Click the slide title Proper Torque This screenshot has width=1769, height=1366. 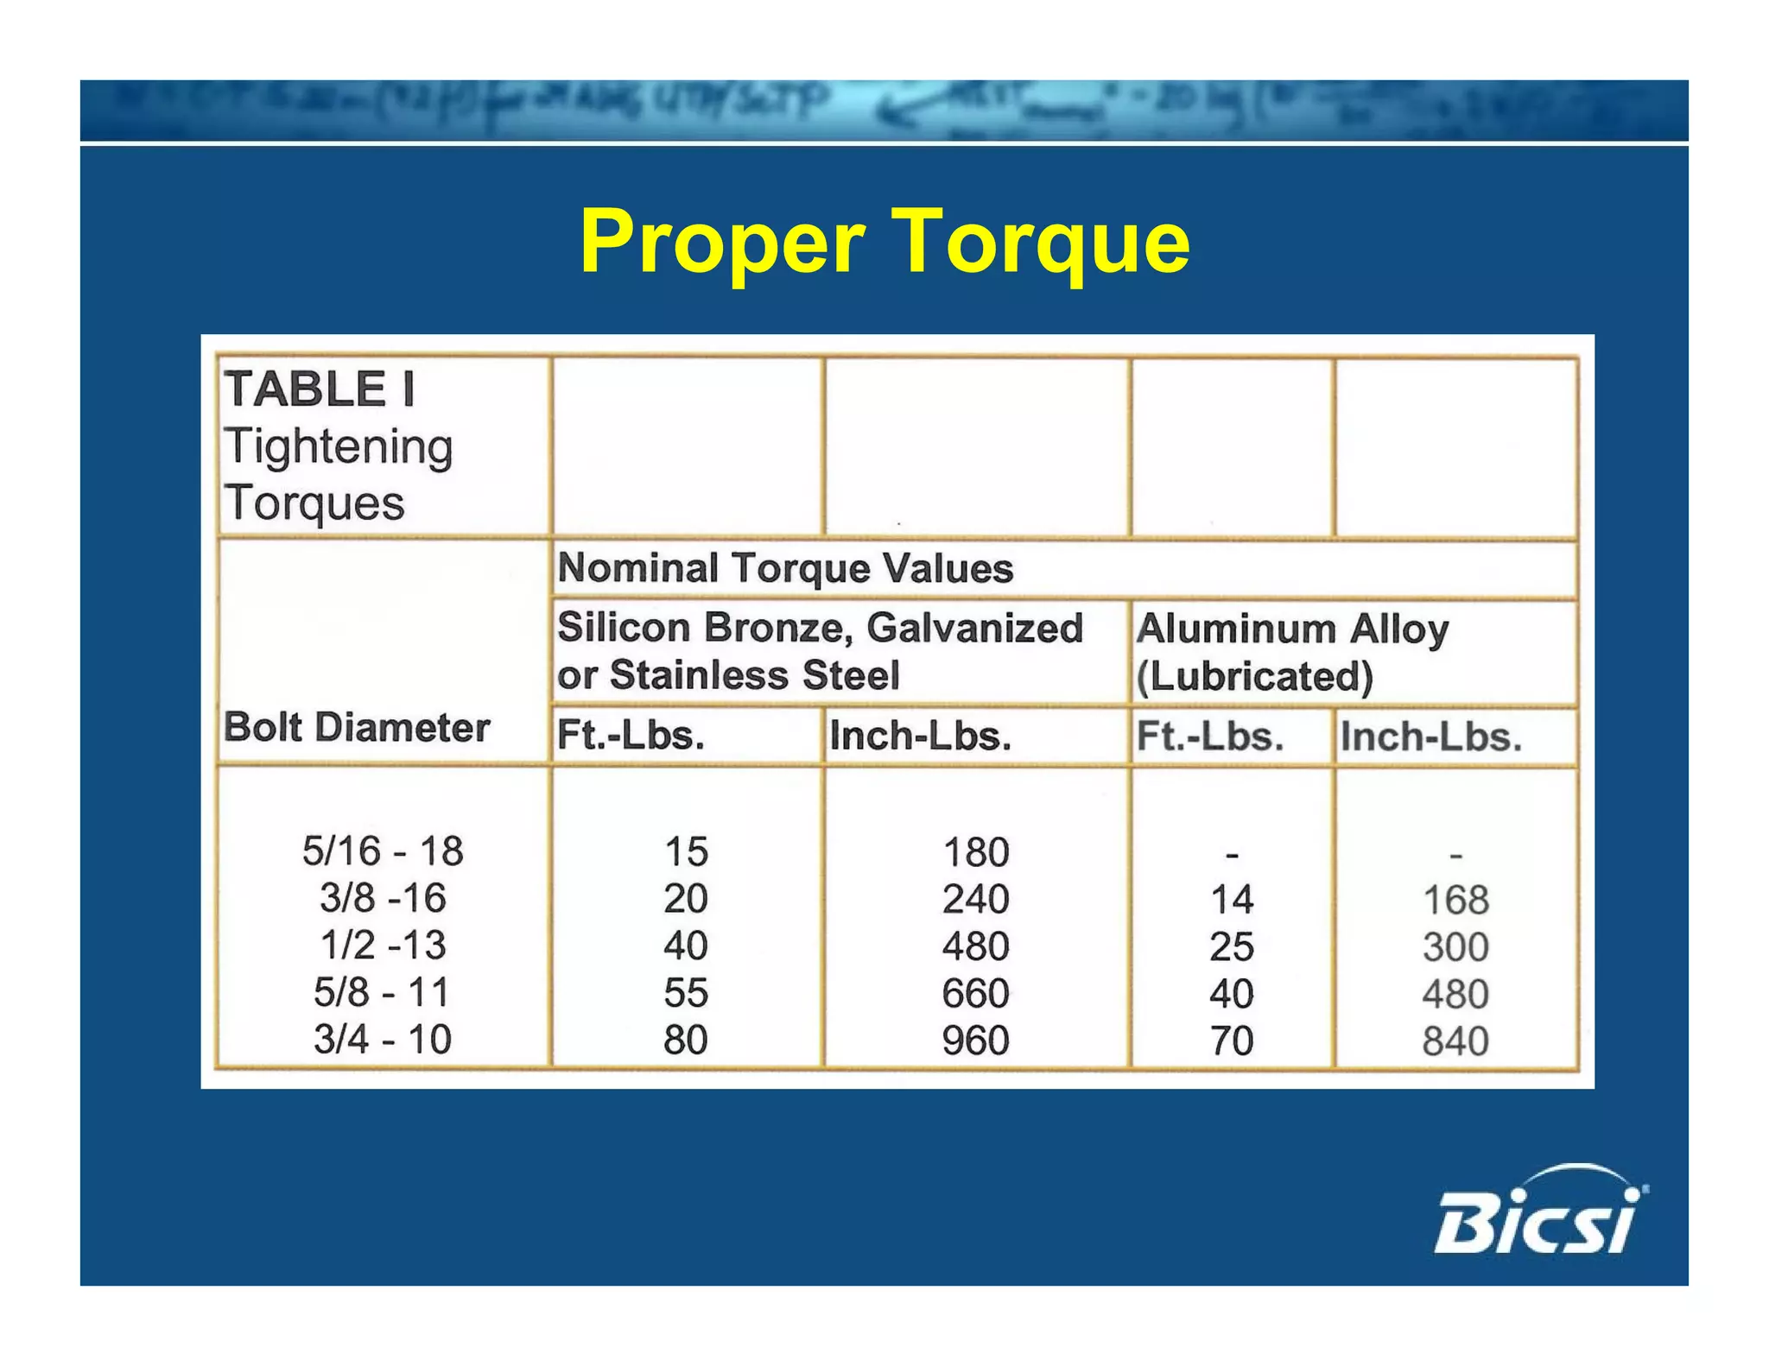(x=884, y=243)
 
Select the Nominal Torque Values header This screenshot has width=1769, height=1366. (x=785, y=568)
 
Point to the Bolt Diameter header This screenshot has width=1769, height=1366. (x=357, y=727)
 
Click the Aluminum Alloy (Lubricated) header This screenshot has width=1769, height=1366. (x=1292, y=652)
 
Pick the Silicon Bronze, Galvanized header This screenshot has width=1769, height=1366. (x=819, y=628)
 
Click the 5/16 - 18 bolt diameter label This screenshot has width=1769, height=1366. (x=383, y=851)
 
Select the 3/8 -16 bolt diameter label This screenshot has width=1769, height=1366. (x=383, y=898)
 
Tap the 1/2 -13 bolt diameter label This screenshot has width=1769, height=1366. (x=383, y=945)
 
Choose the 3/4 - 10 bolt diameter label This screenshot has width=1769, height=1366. (x=383, y=1039)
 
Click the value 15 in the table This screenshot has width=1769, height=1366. (x=686, y=852)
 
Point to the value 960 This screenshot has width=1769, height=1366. (x=975, y=1040)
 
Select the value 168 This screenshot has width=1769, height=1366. (x=1455, y=901)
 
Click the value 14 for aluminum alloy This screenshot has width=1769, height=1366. (x=1232, y=901)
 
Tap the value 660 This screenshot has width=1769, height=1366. (x=975, y=993)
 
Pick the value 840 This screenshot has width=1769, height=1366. (x=1455, y=1041)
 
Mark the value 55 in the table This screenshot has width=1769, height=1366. (x=686, y=993)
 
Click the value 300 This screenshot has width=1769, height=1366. (x=1455, y=947)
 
